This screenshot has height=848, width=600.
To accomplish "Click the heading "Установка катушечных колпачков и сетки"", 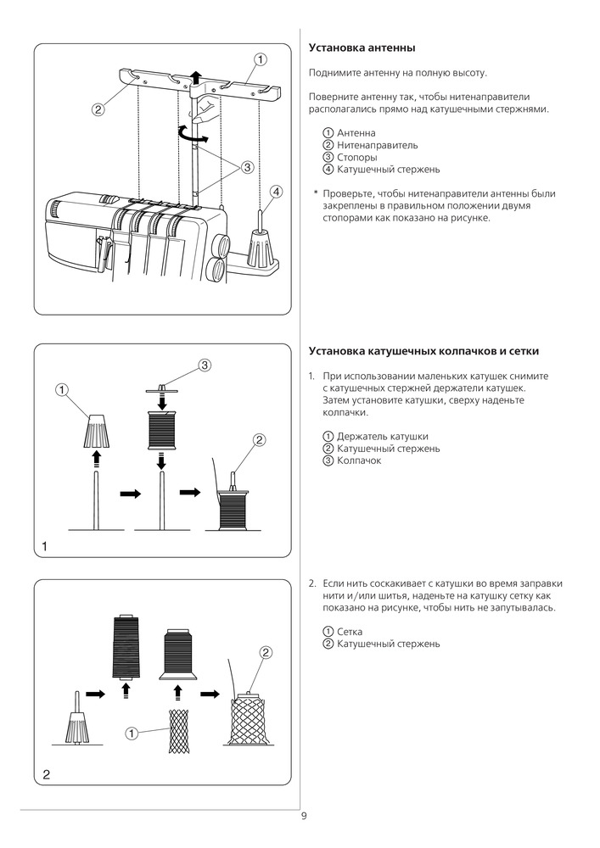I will coord(423,350).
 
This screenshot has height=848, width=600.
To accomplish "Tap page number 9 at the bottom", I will coord(304,817).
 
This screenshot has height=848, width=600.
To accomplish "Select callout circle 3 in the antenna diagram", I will coord(248,167).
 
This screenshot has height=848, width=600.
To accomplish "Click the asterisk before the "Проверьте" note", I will coord(315,194).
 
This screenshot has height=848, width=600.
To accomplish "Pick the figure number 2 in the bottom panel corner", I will coord(46,774).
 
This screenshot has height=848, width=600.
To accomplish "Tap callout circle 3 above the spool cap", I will coord(205,365).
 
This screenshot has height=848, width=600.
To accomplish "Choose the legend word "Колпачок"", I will coord(359,460).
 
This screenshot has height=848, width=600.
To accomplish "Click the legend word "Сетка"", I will coord(350,632).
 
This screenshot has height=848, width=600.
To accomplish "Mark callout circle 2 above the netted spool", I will coord(266,653).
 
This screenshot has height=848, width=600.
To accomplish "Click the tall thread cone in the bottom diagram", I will coord(126,648).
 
